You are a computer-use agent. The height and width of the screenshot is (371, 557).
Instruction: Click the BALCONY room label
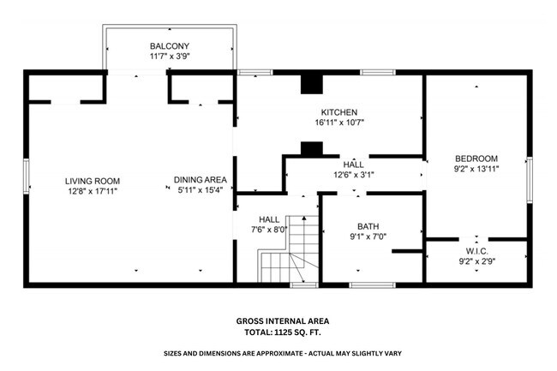169,46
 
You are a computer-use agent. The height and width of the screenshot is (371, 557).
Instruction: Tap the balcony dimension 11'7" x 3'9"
169,57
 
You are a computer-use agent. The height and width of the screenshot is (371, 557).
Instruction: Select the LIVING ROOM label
93,181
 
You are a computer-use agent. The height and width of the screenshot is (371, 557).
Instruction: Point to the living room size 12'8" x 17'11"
93,191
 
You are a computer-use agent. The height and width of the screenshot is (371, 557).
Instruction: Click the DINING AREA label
200,179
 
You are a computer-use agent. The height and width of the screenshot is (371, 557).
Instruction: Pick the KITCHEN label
338,112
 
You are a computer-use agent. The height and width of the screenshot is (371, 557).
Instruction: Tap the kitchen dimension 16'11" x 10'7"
338,123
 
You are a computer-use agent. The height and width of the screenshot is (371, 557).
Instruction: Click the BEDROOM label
476,159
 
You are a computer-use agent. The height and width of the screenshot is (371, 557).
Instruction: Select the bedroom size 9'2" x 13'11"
476,169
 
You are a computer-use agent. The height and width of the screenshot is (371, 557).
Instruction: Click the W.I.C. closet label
476,250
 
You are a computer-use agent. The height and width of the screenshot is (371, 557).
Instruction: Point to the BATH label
368,226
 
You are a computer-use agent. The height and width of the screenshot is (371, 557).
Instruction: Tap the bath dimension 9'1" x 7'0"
368,236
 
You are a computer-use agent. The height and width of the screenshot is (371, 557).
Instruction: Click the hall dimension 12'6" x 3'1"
353,175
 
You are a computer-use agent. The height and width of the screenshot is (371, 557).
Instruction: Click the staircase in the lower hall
289,248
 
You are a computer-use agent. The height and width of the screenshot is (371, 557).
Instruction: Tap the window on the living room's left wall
26,177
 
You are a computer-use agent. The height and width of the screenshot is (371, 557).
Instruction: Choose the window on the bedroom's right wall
530,176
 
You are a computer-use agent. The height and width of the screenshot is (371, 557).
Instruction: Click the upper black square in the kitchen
309,84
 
